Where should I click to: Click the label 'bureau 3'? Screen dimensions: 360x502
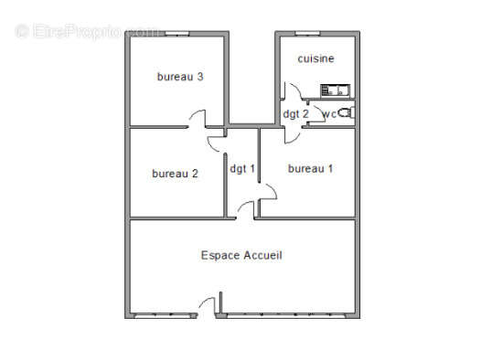coord(179,77)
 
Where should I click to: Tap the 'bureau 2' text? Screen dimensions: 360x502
coord(175,174)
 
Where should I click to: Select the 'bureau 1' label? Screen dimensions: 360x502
coord(310,168)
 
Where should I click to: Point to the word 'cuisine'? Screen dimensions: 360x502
coord(315,58)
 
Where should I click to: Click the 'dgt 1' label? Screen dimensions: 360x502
coord(242,168)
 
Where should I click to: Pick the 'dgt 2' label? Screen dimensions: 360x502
coord(295,114)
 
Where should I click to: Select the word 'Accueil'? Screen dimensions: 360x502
coord(264,256)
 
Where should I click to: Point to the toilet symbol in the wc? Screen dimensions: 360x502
coord(346,113)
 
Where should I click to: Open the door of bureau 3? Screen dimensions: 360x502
coord(197,119)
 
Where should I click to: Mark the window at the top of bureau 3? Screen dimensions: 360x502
coord(178,33)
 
